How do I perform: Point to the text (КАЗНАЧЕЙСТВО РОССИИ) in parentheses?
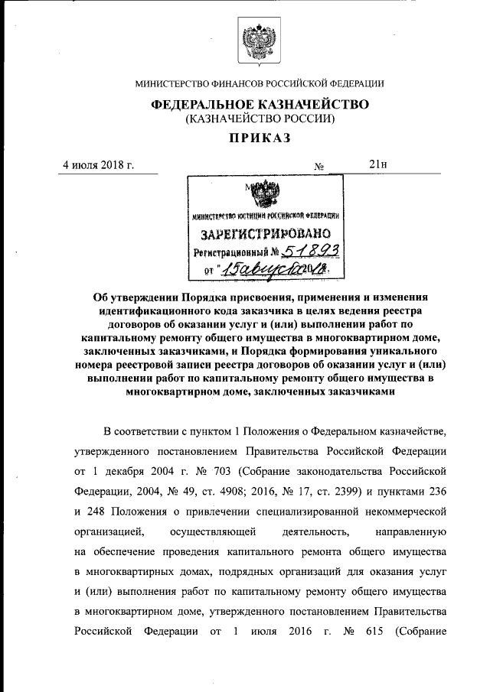[260, 119]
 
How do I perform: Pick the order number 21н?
[378, 164]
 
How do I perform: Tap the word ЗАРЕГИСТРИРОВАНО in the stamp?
[266, 232]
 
